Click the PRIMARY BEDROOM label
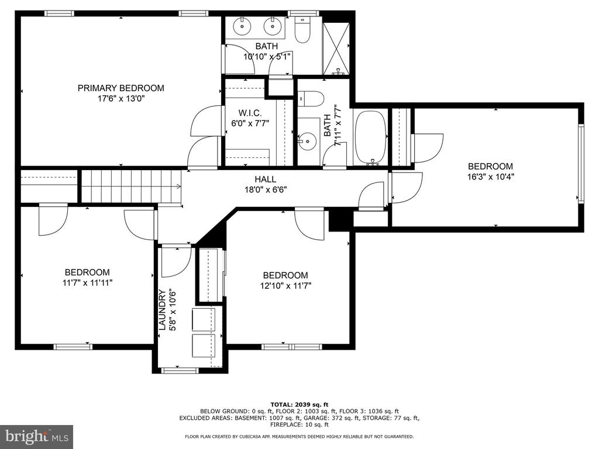point(121,88)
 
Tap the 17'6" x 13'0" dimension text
point(121,99)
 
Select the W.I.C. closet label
point(250,113)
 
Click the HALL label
point(266,179)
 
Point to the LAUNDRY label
point(162,310)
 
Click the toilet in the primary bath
point(302,30)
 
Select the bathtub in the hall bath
point(371,138)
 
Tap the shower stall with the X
point(336,49)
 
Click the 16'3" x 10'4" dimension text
point(491,177)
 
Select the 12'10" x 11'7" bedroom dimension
point(285,285)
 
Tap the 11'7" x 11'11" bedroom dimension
point(88,283)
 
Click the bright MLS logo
point(37,436)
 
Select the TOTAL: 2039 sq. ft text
point(299,405)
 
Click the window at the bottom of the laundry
point(179,370)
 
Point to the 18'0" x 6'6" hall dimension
point(266,189)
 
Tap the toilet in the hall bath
point(311,98)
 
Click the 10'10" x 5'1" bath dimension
point(267,57)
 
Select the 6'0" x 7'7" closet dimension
point(250,123)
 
